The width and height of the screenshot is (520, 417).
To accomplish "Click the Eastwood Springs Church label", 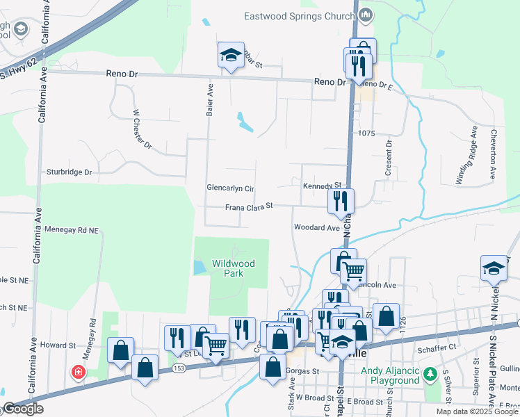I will coord(300,15).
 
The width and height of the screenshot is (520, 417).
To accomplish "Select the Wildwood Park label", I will coord(234,268).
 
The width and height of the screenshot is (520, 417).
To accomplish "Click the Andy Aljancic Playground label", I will coord(390,375).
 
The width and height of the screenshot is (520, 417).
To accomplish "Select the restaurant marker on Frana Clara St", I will coord(341,201).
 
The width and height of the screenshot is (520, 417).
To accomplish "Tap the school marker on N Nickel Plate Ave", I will coord(494,268).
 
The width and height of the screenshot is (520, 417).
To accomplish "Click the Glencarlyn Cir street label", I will coord(231,188).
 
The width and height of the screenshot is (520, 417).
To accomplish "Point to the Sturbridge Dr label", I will coord(69,172).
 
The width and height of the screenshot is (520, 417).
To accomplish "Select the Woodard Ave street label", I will coord(316,227).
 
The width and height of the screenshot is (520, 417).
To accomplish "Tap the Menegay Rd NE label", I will coord(72,229).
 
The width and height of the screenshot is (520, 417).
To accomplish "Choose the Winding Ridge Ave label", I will coord(466,155).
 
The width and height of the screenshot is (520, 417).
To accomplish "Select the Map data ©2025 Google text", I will coord(477,411).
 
